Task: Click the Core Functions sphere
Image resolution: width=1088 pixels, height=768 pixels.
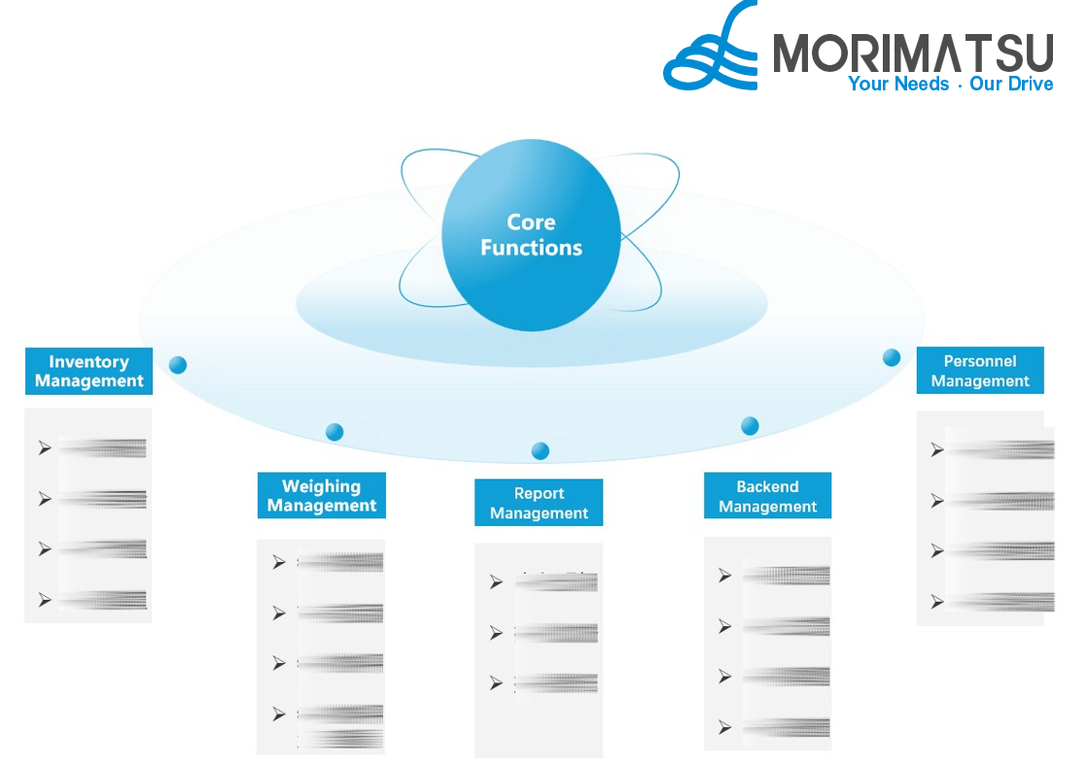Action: (x=531, y=235)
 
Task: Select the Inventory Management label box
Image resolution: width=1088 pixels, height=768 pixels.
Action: (x=89, y=371)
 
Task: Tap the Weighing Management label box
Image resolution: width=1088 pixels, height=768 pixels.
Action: (x=322, y=496)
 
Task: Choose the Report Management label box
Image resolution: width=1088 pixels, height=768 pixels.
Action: (x=539, y=503)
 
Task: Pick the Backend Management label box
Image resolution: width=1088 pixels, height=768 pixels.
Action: (x=767, y=496)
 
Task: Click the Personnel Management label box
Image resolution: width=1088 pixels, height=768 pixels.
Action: (x=979, y=370)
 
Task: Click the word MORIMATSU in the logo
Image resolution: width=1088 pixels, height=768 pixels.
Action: (x=913, y=53)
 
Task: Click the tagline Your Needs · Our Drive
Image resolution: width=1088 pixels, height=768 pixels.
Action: (x=950, y=85)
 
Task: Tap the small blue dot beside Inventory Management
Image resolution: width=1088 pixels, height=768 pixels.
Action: (x=177, y=366)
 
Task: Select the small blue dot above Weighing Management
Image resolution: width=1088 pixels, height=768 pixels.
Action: (x=334, y=432)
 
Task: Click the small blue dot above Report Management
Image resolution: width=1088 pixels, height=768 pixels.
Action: (x=541, y=450)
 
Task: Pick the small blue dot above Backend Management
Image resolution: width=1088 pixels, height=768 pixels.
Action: (x=750, y=425)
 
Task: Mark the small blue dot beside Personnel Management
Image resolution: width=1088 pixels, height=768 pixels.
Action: (x=892, y=358)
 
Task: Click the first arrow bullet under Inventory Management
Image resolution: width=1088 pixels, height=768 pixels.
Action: (x=45, y=448)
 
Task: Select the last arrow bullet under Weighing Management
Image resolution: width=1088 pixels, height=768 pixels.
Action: (x=279, y=714)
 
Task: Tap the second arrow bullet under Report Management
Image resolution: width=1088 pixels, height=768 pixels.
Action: (x=497, y=633)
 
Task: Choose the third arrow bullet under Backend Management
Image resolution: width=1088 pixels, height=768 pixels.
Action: (x=724, y=677)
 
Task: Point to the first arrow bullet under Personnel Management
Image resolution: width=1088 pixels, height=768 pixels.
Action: (x=937, y=449)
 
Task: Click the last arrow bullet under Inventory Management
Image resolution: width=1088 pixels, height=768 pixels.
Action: (x=45, y=600)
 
